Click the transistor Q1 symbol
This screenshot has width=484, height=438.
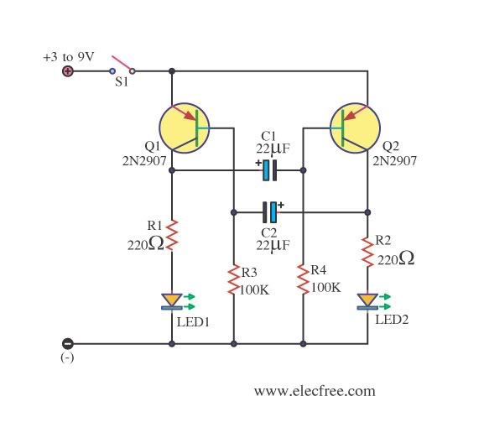[185, 128]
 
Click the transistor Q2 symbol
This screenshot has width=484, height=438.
[355, 128]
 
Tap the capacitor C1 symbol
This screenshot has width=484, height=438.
[269, 170]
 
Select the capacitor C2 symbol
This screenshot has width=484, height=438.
[269, 212]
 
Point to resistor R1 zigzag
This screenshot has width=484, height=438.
[172, 235]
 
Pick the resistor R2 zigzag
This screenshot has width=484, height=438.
[367, 252]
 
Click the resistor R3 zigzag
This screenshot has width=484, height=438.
[234, 279]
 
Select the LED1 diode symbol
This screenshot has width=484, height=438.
[172, 301]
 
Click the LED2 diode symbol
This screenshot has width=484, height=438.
[367, 301]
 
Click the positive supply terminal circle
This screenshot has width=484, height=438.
[68, 71]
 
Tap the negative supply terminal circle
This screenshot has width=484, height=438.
[68, 343]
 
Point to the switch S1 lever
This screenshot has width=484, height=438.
[122, 63]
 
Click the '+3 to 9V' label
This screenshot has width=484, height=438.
[68, 57]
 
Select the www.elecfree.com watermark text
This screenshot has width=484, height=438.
[315, 391]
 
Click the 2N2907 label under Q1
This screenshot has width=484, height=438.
[144, 161]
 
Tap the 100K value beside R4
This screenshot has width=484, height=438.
[325, 288]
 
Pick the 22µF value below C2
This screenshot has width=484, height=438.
[273, 245]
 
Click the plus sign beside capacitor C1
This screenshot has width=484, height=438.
[258, 163]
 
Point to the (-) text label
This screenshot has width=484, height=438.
[67, 357]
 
